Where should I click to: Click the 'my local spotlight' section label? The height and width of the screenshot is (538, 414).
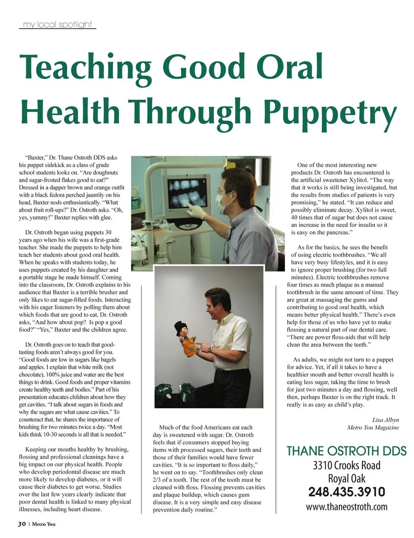coord(57,24)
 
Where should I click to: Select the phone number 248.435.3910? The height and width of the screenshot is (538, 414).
coord(346,492)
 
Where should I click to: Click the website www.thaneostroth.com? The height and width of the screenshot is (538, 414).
coord(346,507)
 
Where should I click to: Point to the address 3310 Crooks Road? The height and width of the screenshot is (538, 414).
coord(346,465)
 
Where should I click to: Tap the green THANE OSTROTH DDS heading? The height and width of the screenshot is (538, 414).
coord(346,451)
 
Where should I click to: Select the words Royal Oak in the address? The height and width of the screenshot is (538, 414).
coord(346,478)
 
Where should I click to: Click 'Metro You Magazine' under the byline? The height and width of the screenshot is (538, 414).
coord(373,428)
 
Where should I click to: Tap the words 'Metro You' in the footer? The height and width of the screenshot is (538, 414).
coord(44,525)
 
